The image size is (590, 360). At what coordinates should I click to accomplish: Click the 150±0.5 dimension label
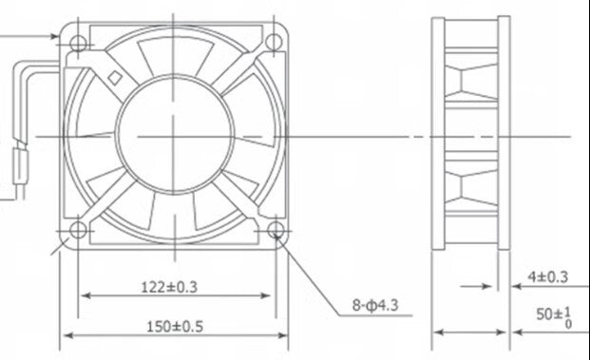point(176,326)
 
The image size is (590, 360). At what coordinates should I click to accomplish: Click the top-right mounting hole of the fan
point(274,42)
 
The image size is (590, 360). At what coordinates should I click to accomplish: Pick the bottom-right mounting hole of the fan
point(274,230)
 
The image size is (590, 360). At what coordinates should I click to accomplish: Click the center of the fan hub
point(176,136)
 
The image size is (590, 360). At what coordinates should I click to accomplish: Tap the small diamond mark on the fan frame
point(115,79)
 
